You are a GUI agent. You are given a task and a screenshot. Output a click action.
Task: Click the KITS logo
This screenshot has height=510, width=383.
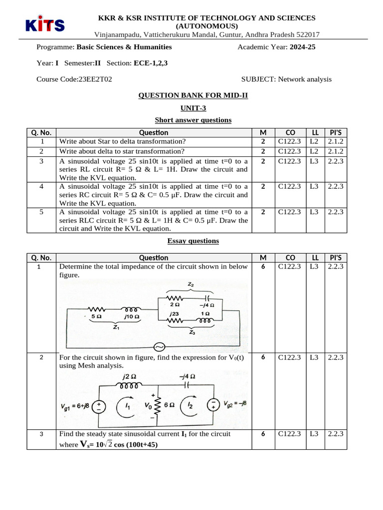tap(44, 24)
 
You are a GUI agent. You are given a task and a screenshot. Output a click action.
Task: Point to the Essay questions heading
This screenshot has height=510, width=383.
tap(193, 241)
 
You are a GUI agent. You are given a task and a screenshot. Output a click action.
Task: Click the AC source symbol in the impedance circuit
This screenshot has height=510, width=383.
tap(161, 347)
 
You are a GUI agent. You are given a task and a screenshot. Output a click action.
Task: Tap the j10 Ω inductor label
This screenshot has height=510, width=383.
tap(131, 316)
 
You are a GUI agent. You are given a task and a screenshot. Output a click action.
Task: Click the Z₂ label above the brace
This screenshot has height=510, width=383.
tap(191, 284)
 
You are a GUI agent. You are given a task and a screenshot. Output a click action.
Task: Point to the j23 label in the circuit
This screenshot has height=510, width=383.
tap(174, 314)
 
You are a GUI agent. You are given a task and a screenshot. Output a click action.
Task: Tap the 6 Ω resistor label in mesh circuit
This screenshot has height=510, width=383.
tap(169, 405)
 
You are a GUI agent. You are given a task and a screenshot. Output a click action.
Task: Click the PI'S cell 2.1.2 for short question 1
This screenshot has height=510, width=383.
tap(336, 141)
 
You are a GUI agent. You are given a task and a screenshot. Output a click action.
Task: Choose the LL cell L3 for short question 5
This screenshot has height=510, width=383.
tap(314, 212)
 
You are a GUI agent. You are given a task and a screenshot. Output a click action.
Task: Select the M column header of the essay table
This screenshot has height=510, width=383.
tap(263, 257)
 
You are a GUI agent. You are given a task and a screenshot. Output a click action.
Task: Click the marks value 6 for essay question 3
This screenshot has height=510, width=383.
tap(263, 434)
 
